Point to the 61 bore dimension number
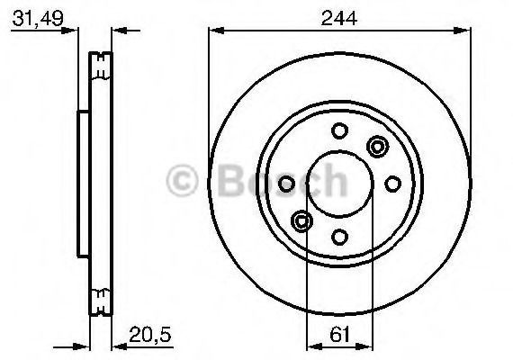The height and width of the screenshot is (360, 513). [339, 334]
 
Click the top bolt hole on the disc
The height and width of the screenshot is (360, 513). [339, 130]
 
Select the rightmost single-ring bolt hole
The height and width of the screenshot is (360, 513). [392, 184]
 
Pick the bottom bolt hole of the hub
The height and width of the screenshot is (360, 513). [339, 237]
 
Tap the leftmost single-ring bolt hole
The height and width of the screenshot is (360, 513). [286, 184]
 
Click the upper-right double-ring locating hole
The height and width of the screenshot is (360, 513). [377, 146]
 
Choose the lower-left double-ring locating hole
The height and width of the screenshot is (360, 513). [302, 220]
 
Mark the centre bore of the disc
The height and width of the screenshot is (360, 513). [339, 184]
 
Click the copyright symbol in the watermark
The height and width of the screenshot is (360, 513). [186, 181]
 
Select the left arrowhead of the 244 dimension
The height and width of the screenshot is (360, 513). [214, 31]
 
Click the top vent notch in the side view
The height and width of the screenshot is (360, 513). [101, 64]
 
